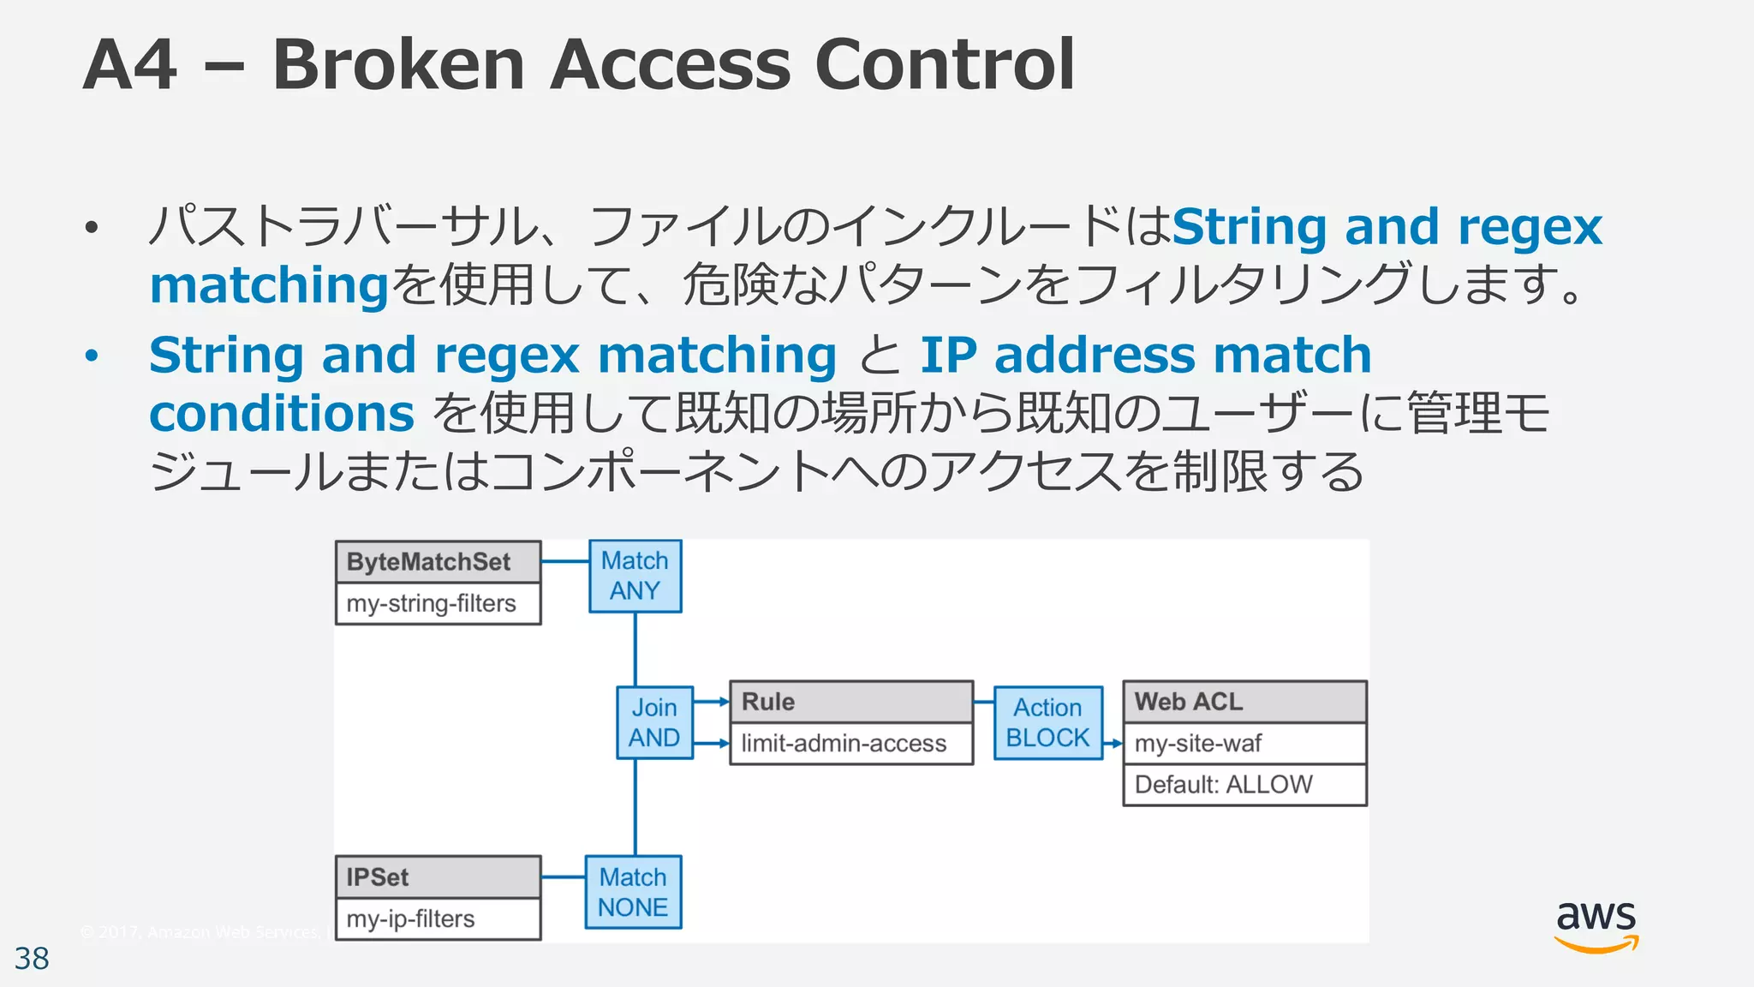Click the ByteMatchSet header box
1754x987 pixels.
click(438, 562)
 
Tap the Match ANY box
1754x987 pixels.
click(635, 576)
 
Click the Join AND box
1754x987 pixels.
click(654, 722)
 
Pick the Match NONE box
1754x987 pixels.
click(633, 892)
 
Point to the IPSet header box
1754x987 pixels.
click(438, 877)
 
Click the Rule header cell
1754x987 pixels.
click(850, 702)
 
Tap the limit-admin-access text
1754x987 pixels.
click(844, 744)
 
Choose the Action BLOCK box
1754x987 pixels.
click(1047, 722)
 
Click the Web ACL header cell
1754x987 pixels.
click(1244, 702)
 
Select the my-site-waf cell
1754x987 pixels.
click(1244, 744)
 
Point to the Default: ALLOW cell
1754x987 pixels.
click(1244, 785)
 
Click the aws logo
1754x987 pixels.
click(1596, 925)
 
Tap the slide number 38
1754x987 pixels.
click(32, 959)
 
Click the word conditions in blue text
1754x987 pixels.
click(282, 414)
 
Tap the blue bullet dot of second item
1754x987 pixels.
click(92, 356)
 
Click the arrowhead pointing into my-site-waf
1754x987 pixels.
click(1116, 744)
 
